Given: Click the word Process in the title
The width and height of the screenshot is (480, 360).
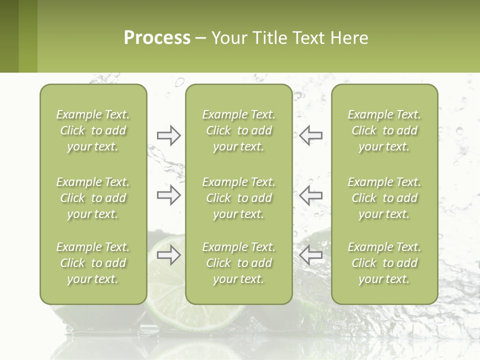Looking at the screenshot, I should click(x=157, y=37).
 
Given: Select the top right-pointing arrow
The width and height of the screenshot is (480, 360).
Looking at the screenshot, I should click(x=168, y=135).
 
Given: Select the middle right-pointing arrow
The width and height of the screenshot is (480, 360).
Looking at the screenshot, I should click(x=168, y=195).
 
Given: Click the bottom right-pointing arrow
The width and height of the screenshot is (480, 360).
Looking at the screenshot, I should click(x=168, y=255).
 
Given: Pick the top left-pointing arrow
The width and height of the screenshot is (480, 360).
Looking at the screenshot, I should click(x=311, y=135).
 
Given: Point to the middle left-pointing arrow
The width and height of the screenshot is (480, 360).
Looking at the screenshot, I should click(x=311, y=195).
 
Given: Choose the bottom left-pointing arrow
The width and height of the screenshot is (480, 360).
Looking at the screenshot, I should click(x=311, y=255).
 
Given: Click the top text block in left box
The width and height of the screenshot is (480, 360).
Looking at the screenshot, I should click(x=93, y=130).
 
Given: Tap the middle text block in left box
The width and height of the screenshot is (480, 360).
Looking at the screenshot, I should click(x=93, y=198).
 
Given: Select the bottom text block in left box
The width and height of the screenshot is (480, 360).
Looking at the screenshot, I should click(x=93, y=263).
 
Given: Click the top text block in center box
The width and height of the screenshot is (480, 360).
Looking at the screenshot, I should click(x=238, y=130).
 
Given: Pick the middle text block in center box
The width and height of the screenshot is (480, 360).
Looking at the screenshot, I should click(x=238, y=198).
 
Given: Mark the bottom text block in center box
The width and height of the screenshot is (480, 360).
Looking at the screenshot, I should click(x=238, y=263).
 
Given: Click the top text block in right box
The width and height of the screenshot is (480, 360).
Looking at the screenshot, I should click(x=384, y=130).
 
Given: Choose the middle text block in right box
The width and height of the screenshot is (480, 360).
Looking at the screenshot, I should click(x=384, y=198).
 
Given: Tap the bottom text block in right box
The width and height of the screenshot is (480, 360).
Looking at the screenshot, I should click(x=384, y=263).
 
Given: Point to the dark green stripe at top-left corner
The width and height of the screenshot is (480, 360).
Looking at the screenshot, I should click(x=9, y=36).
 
